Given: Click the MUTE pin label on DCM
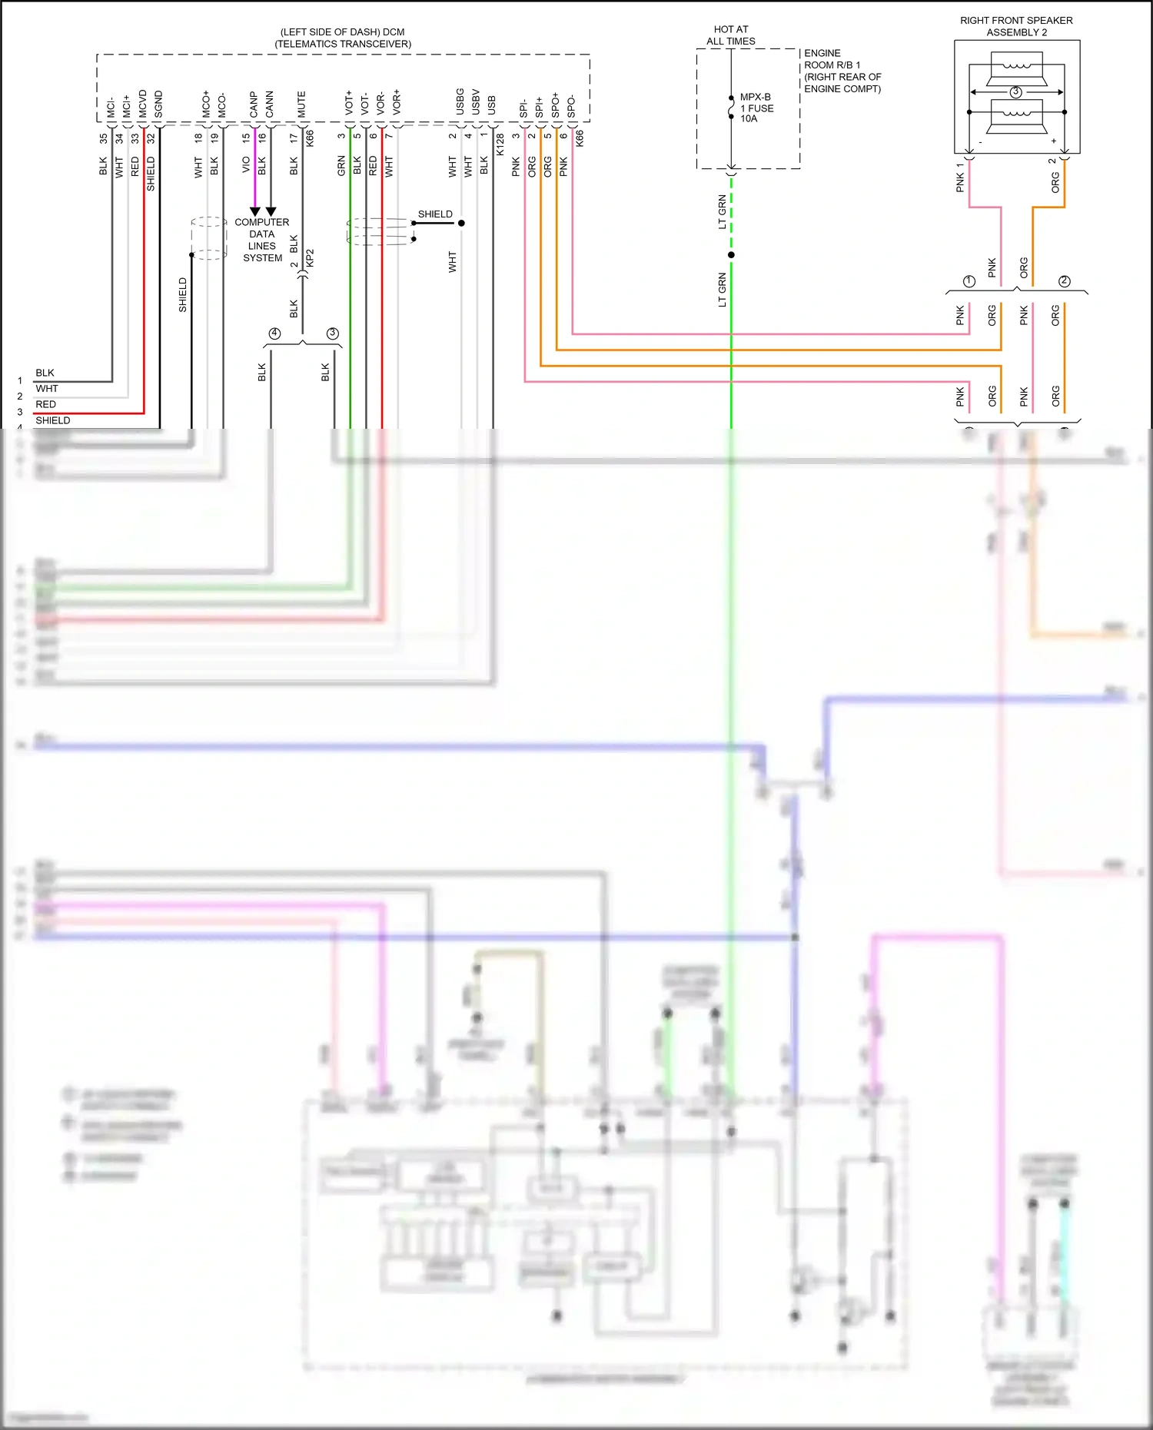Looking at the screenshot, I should [301, 105].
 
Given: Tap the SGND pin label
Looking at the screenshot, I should [158, 105].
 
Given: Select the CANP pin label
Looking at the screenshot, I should [254, 105].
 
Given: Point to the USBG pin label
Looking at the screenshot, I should [460, 102].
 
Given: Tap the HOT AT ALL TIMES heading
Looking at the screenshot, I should [730, 35].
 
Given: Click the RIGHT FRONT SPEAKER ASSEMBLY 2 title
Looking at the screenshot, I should [1016, 26].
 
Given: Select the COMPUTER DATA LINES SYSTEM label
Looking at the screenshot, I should [262, 240].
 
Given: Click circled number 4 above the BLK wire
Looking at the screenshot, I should [274, 333].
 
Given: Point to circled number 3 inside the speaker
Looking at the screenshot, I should [1016, 92].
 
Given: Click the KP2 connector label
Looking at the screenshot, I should [310, 257].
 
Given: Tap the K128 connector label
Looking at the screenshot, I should [500, 144].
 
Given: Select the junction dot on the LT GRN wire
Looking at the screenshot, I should [731, 254].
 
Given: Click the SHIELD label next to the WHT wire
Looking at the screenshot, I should [435, 214].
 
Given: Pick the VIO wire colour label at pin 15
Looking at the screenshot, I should [246, 164].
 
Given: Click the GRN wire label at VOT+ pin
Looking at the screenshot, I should [341, 166].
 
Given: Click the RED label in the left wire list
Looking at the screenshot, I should [45, 404].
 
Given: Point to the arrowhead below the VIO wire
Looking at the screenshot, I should [255, 211].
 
